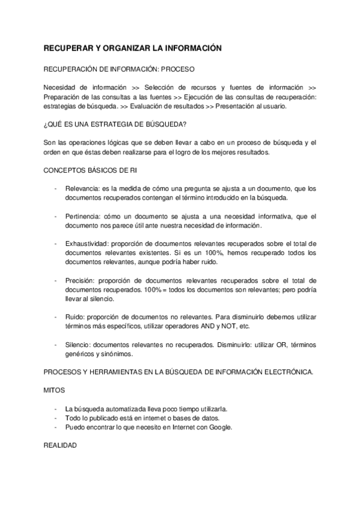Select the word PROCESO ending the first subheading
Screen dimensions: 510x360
[177, 69]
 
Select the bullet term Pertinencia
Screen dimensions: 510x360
[84, 216]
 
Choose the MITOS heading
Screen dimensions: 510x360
[55, 390]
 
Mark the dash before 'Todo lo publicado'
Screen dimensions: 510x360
[56, 418]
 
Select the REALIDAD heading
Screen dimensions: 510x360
[60, 446]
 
